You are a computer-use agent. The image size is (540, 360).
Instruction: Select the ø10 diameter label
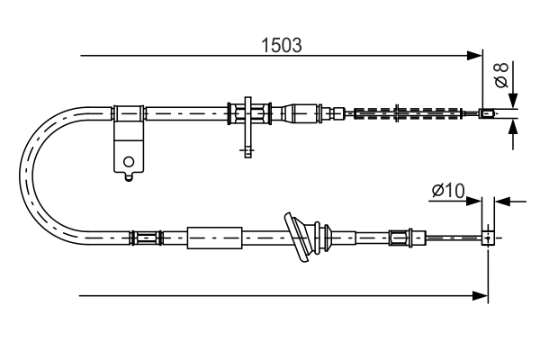447,191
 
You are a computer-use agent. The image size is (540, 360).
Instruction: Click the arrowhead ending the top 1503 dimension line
476,56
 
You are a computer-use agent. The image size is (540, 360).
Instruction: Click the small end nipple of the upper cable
487,113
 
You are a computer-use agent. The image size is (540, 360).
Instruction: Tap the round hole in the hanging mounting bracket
130,163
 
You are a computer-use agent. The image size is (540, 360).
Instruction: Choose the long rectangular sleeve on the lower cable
214,238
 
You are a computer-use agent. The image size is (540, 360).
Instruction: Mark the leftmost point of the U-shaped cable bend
22,175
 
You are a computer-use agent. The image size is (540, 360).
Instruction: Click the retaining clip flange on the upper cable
248,113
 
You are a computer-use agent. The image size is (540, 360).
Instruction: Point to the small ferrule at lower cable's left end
144,238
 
